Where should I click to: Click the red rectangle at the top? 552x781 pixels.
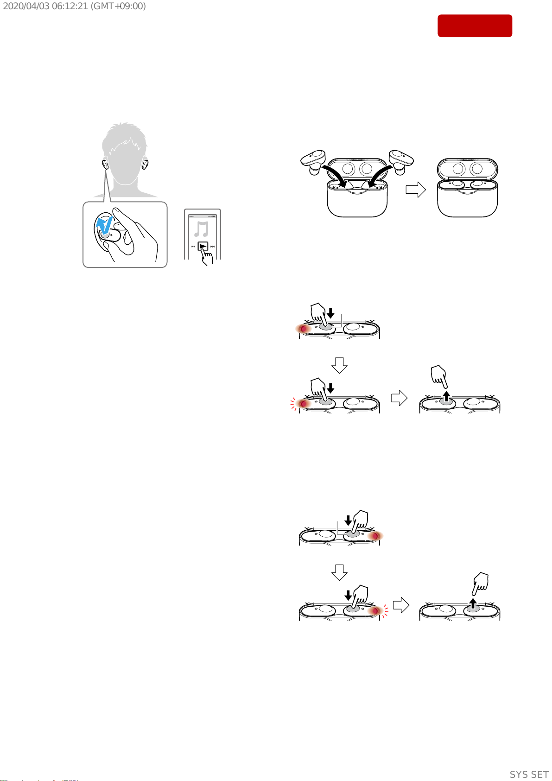pyautogui.click(x=475, y=26)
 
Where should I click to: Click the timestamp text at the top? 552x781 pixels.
pyautogui.click(x=74, y=6)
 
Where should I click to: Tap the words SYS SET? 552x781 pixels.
pyautogui.click(x=529, y=775)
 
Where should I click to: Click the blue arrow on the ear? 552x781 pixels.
pyautogui.click(x=104, y=224)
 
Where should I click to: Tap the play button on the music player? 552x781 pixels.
pyautogui.click(x=203, y=247)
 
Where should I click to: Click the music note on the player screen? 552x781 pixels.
pyautogui.click(x=201, y=229)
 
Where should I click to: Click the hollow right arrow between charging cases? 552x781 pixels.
pyautogui.click(x=416, y=190)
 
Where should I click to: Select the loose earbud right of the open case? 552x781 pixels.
pyautogui.click(x=401, y=161)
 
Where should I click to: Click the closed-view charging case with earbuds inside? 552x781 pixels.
pyautogui.click(x=468, y=188)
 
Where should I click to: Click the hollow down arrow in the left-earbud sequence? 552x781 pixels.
pyautogui.click(x=339, y=365)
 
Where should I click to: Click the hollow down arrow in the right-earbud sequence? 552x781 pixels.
pyautogui.click(x=339, y=572)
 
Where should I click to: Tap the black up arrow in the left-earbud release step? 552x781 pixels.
pyautogui.click(x=446, y=396)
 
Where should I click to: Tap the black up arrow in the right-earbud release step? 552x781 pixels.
pyautogui.click(x=473, y=603)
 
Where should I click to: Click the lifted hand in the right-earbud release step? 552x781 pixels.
pyautogui.click(x=481, y=583)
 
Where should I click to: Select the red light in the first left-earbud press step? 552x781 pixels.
pyautogui.click(x=304, y=329)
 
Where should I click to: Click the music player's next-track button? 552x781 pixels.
pyautogui.click(x=212, y=247)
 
